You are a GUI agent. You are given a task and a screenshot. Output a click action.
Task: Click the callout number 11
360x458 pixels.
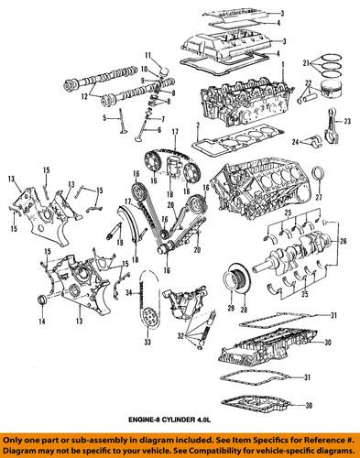pyautogui.click(x=146, y=57)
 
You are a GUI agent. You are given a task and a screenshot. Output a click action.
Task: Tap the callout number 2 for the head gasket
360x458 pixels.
pyautogui.click(x=197, y=125)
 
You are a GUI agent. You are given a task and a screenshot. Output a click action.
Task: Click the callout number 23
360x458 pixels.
pyautogui.click(x=349, y=120)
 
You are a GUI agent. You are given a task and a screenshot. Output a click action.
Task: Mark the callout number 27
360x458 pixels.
pyautogui.click(x=319, y=198)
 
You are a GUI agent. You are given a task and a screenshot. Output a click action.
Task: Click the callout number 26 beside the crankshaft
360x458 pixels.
pyautogui.click(x=344, y=243)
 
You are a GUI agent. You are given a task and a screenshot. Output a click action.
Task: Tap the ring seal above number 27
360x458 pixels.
pyautogui.click(x=318, y=176)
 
